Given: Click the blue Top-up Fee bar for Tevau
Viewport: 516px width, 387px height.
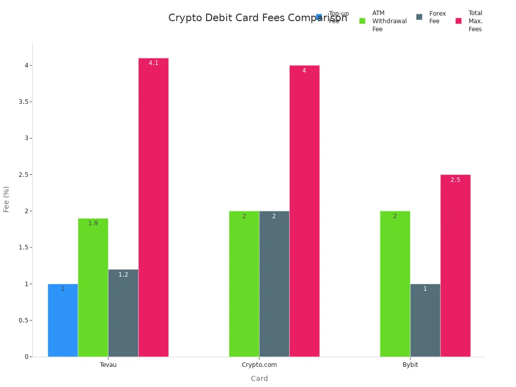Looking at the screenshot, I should click(x=63, y=320).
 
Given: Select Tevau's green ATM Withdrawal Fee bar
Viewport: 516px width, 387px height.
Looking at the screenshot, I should click(x=93, y=287).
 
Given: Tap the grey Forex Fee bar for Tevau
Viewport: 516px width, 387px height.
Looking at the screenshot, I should click(x=123, y=313).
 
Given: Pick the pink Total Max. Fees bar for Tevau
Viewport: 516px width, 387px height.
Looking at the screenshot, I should click(x=153, y=207).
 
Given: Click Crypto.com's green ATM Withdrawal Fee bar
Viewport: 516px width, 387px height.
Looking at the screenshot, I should click(x=244, y=284).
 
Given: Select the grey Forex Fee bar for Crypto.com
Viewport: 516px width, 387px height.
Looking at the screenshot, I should click(x=274, y=284).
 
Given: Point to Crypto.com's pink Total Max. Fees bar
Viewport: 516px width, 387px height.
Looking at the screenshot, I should click(x=304, y=211).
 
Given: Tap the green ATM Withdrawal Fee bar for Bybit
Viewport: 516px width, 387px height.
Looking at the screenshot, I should click(x=395, y=284).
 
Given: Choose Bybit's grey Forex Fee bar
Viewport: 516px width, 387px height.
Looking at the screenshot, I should click(x=425, y=320).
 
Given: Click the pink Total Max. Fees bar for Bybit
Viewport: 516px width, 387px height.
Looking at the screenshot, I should click(x=456, y=266).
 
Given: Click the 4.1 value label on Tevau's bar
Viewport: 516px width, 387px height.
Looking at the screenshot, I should click(x=153, y=63).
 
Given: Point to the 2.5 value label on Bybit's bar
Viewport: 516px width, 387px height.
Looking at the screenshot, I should click(x=456, y=180).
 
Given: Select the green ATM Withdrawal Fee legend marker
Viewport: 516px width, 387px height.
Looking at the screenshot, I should click(x=362, y=21).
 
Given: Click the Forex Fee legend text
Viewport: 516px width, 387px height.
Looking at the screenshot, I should click(x=437, y=17).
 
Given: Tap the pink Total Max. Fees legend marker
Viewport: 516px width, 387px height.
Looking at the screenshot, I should click(x=459, y=21).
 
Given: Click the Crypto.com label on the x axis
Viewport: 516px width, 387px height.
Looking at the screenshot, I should click(x=259, y=365).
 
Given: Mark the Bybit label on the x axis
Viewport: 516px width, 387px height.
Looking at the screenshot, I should click(x=410, y=365).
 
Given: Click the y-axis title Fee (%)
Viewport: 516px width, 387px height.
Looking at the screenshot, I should click(x=7, y=199).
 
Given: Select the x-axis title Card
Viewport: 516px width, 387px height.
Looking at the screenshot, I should click(x=259, y=378).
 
